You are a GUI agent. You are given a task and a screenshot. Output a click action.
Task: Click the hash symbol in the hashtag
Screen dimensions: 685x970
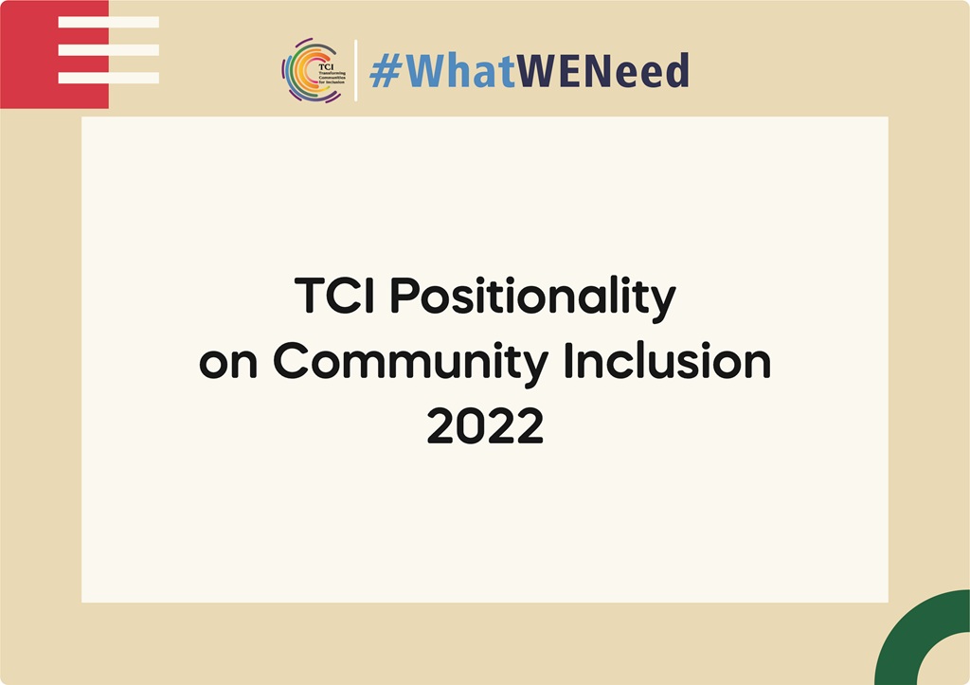tap(385, 72)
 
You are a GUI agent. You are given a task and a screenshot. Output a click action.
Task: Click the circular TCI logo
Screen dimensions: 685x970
tap(312, 70)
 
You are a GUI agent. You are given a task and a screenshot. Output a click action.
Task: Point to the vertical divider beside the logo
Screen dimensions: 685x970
tap(356, 70)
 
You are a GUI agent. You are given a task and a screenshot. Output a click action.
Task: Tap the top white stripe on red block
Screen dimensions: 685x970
tap(108, 22)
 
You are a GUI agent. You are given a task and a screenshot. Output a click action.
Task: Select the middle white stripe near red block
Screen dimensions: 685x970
tap(108, 49)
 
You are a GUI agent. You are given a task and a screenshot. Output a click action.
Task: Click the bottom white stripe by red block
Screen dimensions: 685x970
tap(108, 78)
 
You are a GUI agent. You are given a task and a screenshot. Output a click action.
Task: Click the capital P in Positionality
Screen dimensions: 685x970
tap(404, 297)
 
